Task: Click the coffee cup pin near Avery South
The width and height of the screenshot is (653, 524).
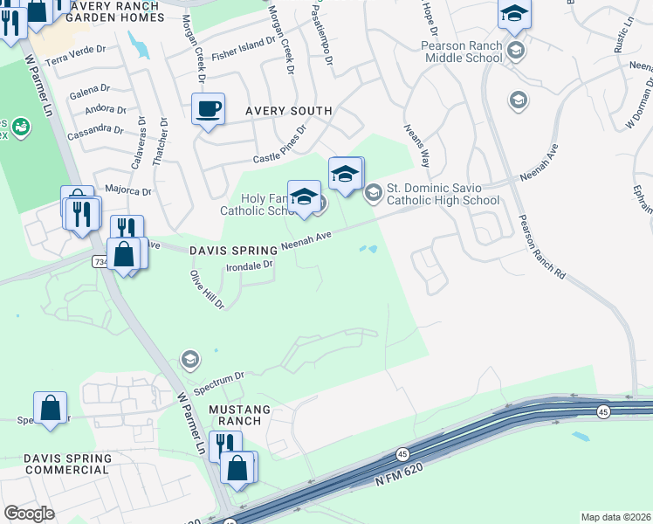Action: point(208,110)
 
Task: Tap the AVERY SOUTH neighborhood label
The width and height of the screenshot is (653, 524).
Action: point(288,111)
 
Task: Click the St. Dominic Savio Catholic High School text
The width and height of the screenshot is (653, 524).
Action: point(443,194)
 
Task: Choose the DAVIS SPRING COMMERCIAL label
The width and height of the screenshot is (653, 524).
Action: point(67,464)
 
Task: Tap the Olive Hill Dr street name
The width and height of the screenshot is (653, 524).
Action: point(208,290)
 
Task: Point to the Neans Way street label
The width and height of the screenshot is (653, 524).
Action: point(416,145)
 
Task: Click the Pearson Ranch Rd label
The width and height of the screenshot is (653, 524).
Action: point(541,246)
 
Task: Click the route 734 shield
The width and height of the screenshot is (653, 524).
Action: point(100,261)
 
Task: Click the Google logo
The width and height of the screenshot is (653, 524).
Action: point(29,514)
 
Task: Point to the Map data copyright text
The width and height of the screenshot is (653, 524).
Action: point(615,517)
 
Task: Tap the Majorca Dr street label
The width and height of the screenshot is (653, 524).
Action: point(128,190)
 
